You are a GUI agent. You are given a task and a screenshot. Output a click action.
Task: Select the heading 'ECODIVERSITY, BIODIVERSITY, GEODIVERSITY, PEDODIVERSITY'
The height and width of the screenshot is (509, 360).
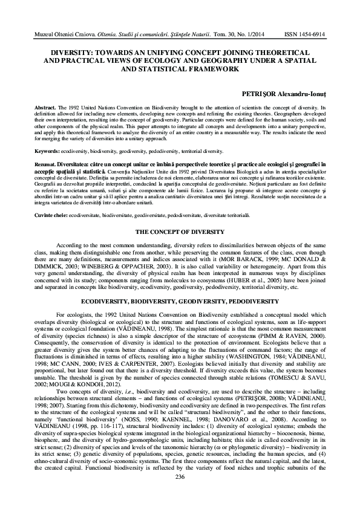[x=180, y=300]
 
